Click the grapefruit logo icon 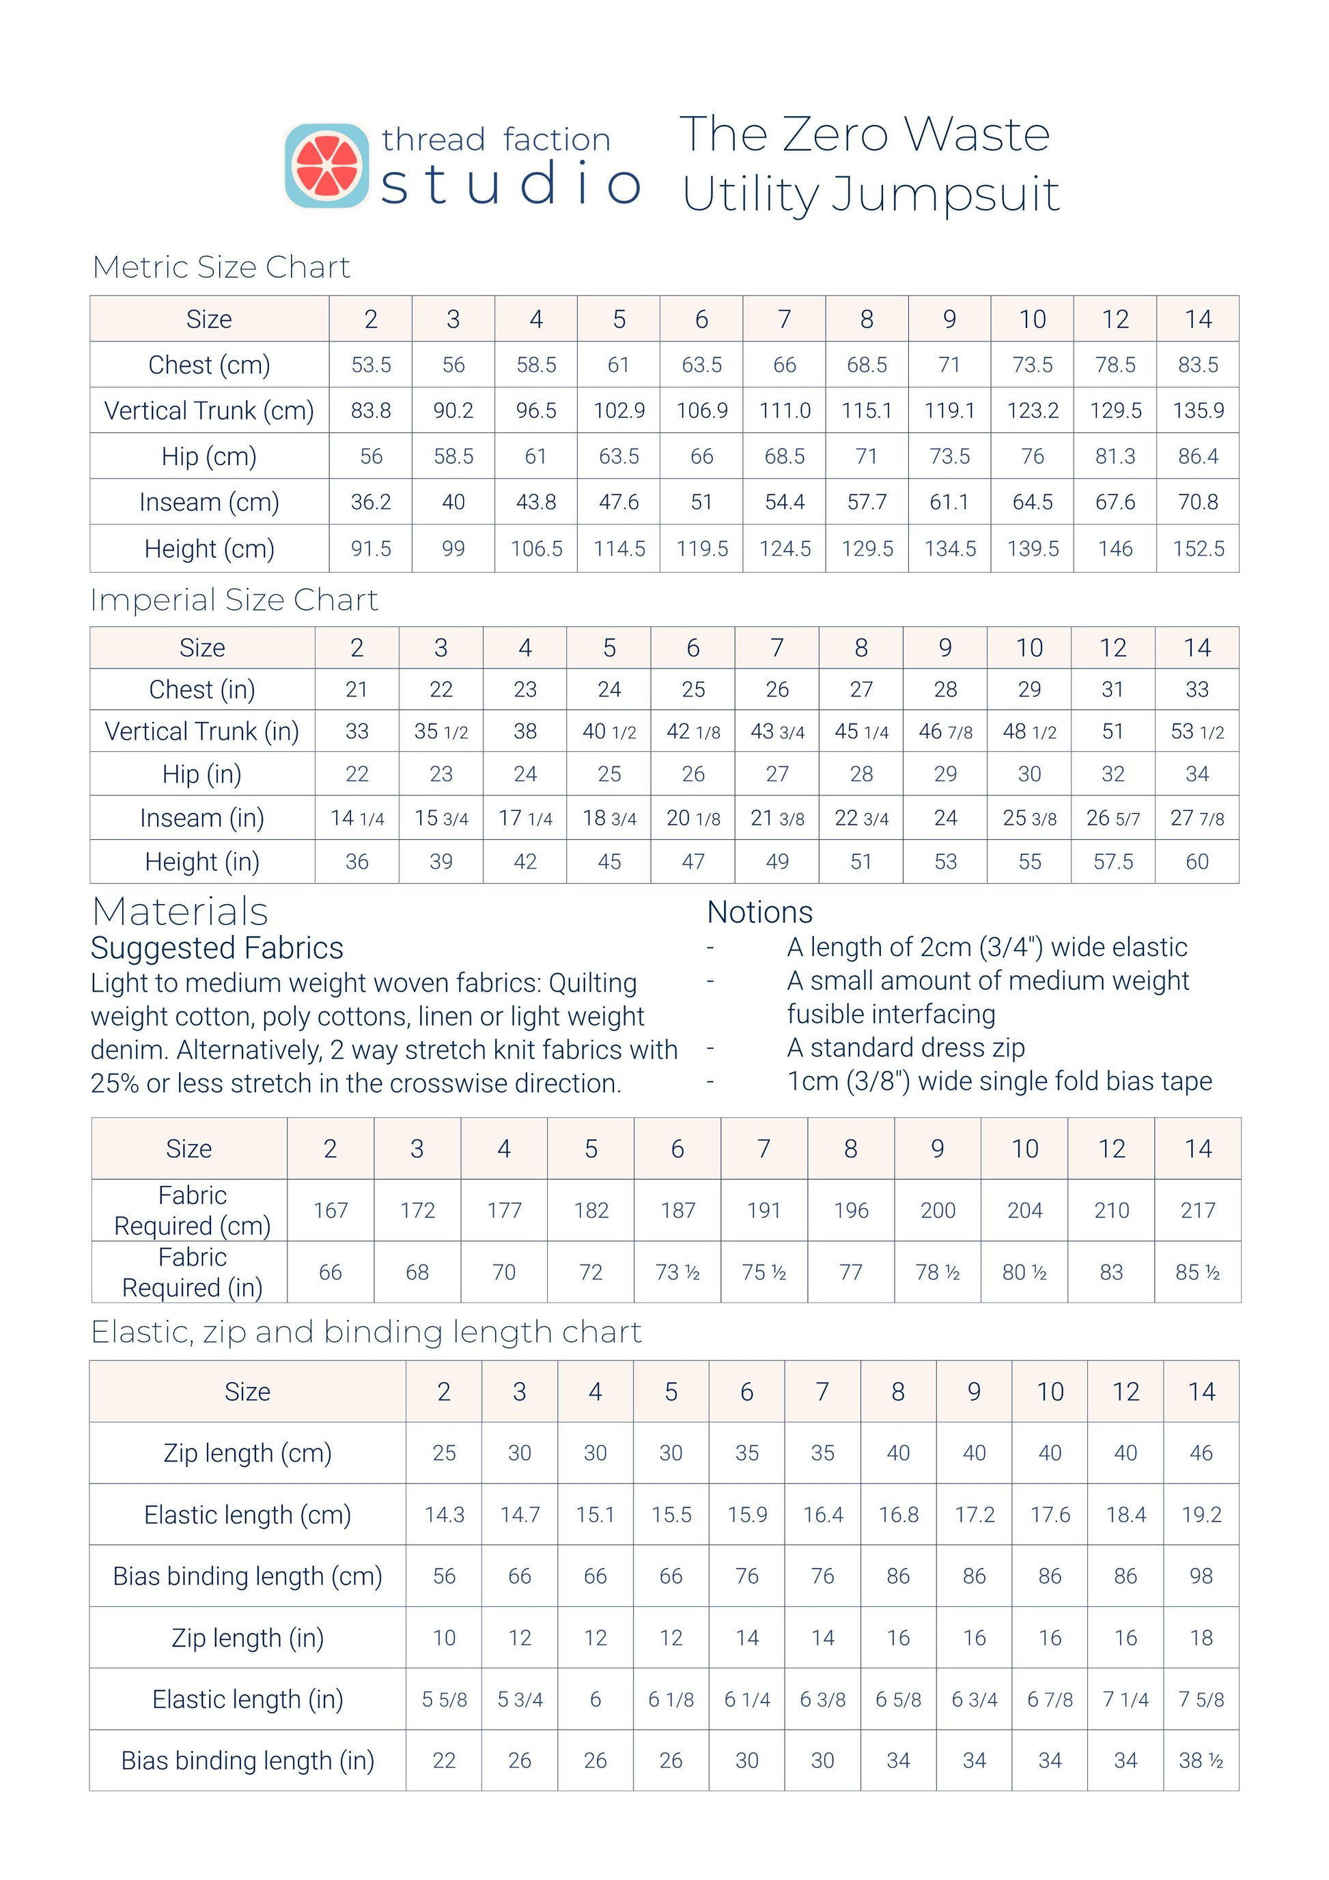326,165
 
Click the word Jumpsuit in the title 946,194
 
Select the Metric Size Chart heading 221,267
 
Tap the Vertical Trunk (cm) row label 209,410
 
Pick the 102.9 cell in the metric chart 619,410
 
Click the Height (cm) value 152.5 1198,548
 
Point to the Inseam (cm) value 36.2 371,502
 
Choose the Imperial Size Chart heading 234,600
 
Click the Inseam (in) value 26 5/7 1113,818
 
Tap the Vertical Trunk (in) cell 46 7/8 945,731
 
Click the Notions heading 760,912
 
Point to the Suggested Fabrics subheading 217,948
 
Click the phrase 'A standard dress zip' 906,1048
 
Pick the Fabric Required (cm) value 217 1198,1210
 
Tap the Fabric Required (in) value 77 851,1272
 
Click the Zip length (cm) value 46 1201,1453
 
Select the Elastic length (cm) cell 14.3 444,1515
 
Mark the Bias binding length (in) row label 247,1760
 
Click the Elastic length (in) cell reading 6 596,1699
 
